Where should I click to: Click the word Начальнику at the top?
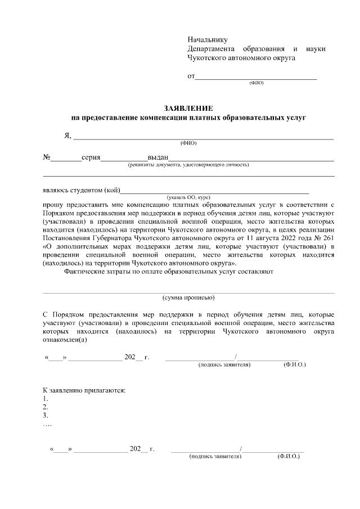[x=207, y=39]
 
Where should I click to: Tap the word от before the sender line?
[x=191, y=76]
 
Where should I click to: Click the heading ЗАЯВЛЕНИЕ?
[x=188, y=108]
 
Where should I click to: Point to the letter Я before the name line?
[x=67, y=136]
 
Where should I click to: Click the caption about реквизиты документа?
[x=188, y=165]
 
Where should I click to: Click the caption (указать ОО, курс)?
[x=188, y=197]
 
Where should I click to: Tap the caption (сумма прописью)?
[x=188, y=297]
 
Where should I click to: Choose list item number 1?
[x=46, y=399]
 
